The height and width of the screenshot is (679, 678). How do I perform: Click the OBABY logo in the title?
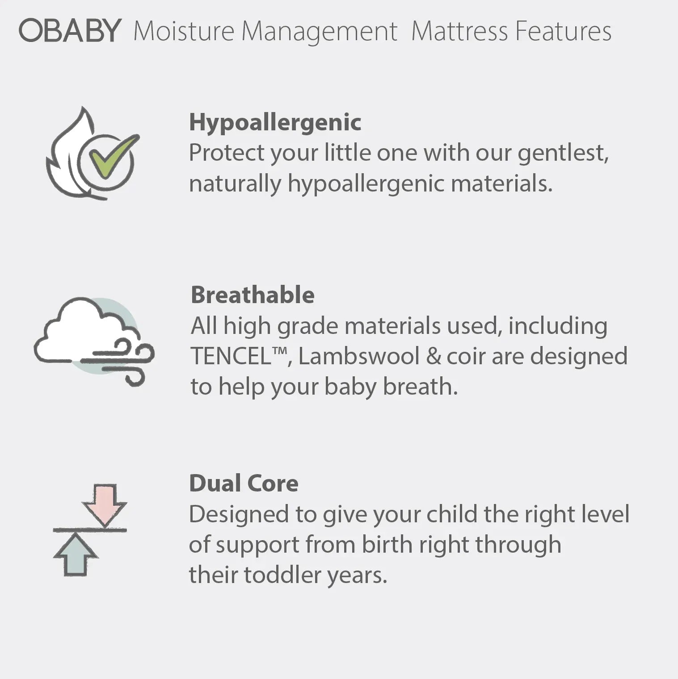[x=70, y=31]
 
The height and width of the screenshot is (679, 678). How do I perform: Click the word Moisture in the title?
[x=184, y=32]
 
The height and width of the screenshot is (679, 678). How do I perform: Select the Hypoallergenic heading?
[x=275, y=122]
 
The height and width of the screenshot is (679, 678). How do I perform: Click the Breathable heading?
[x=253, y=295]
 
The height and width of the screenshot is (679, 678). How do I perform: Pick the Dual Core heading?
[x=244, y=483]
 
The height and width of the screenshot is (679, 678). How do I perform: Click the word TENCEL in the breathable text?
[x=232, y=357]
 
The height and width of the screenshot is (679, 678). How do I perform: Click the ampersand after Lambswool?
[x=433, y=357]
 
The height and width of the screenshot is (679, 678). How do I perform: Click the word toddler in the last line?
[x=283, y=575]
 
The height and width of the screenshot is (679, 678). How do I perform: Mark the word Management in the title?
[x=319, y=32]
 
